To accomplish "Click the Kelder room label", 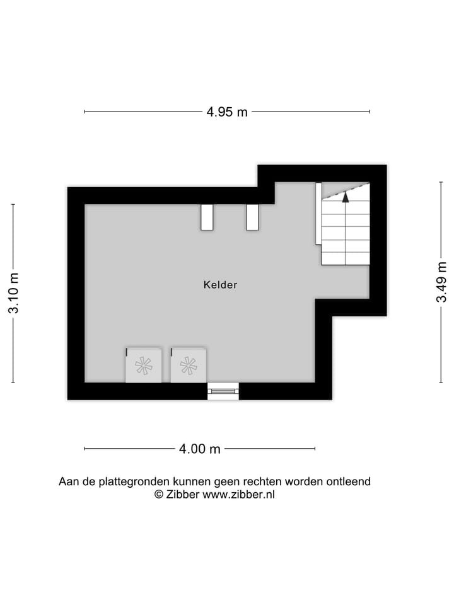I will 220,285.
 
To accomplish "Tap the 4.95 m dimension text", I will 227,112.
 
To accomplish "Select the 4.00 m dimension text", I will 200,449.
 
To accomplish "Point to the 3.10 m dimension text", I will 13,293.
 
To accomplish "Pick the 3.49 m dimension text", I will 441,282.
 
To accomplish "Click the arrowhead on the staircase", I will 346,196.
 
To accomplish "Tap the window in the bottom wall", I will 223,391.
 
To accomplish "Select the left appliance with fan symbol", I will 144,366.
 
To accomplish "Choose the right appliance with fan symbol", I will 189,366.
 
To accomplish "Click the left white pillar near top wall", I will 207,217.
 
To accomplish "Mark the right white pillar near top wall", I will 252,217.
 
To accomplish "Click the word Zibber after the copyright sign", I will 183,495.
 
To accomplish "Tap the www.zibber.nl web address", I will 238,495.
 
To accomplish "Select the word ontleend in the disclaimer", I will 348,481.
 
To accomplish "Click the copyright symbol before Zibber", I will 159,495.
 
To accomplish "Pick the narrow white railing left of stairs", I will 318,213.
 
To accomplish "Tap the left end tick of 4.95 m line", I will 84,112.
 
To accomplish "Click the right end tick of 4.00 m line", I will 315,449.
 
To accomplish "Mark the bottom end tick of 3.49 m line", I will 441,383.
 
